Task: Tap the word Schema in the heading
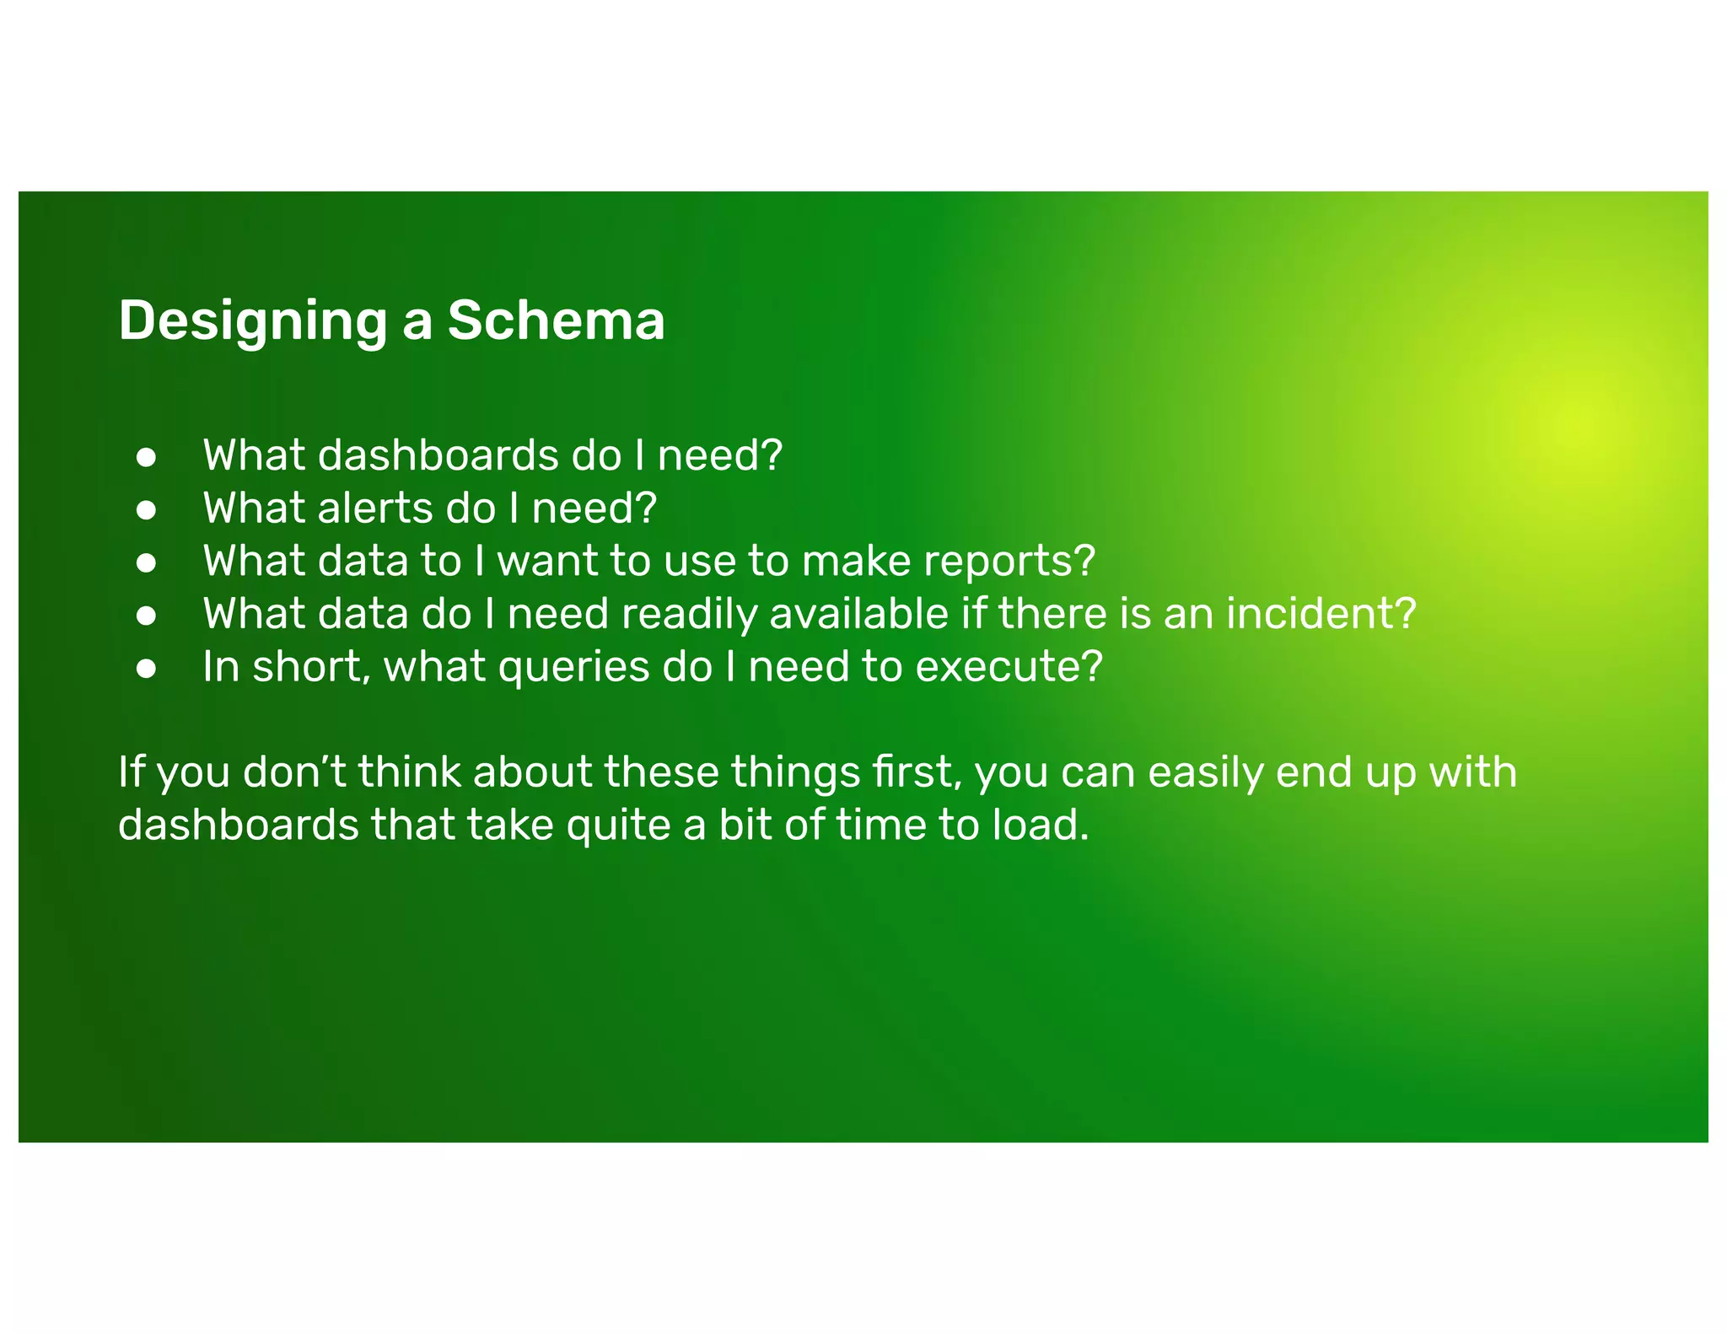click(556, 320)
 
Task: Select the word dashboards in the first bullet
click(438, 456)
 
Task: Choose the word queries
click(573, 668)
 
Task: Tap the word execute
click(1009, 667)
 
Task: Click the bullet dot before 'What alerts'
click(147, 510)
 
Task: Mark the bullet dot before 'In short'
click(147, 669)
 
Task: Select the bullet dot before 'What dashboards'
click(147, 457)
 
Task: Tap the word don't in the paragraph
click(294, 772)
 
